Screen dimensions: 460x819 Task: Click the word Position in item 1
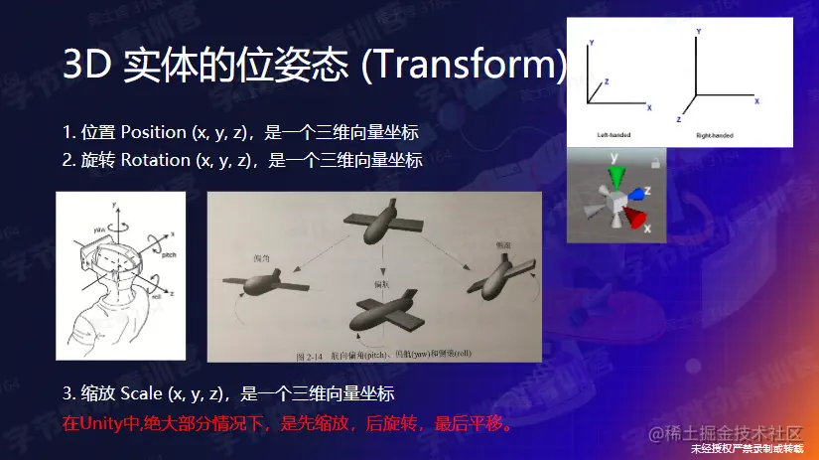click(154, 132)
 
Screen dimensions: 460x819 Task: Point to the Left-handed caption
click(614, 134)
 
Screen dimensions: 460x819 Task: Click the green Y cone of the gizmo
click(615, 178)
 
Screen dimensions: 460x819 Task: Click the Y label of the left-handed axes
click(592, 44)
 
